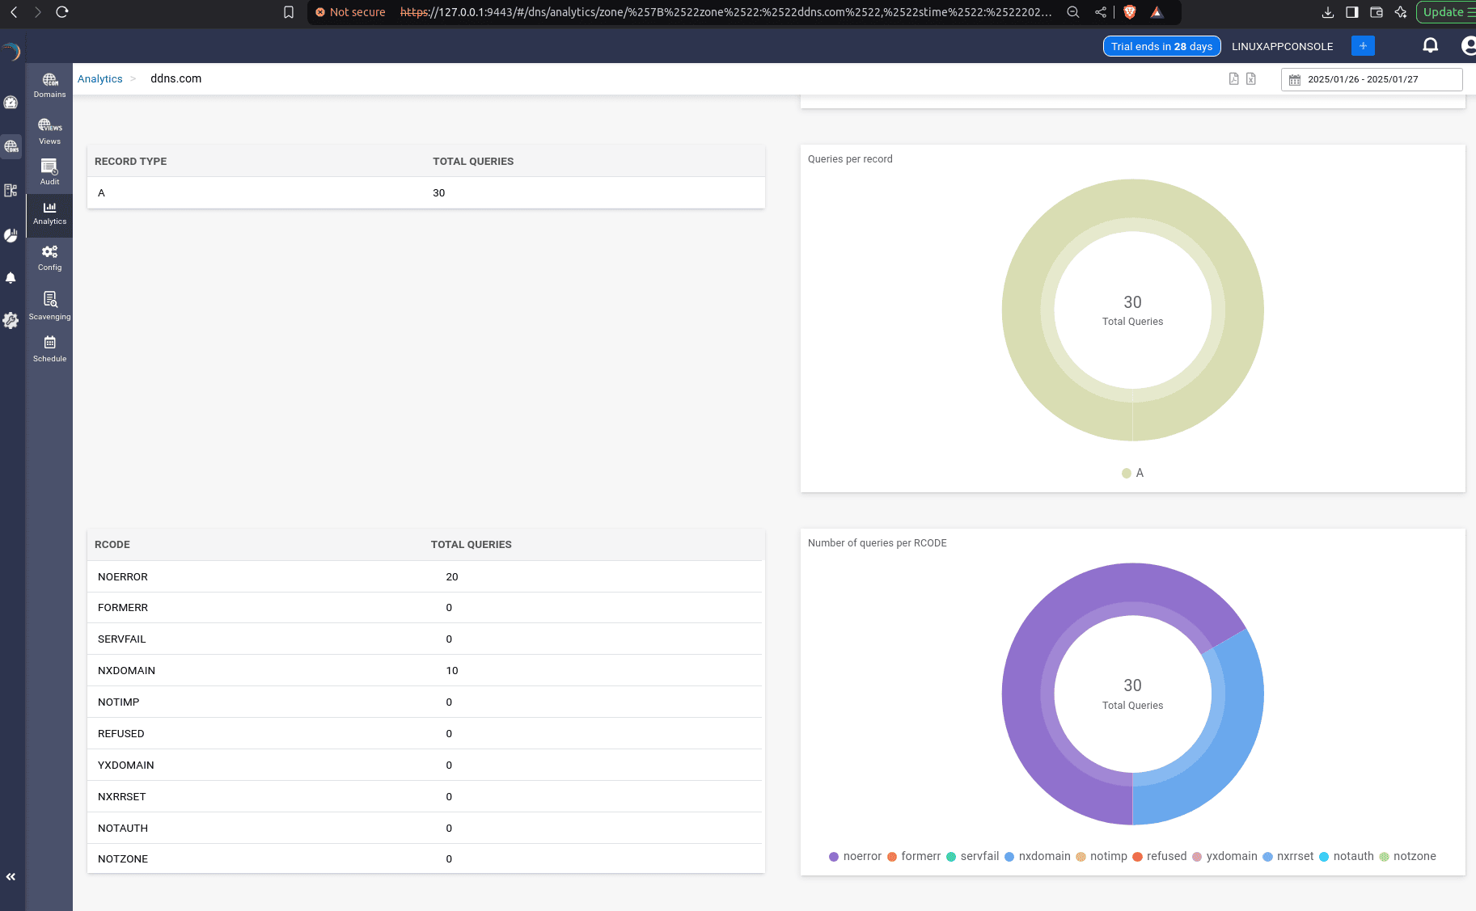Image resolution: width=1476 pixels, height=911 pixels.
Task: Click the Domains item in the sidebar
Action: (x=49, y=85)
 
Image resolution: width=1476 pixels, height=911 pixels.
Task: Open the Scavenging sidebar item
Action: (x=49, y=306)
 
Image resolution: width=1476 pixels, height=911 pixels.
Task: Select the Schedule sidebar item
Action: (x=49, y=349)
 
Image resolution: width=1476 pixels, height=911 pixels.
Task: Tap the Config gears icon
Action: (x=49, y=252)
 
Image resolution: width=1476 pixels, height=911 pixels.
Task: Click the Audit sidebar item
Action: (x=49, y=171)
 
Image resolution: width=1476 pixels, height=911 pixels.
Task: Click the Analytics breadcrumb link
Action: (x=100, y=79)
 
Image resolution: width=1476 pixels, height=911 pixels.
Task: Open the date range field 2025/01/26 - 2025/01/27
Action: (x=1371, y=79)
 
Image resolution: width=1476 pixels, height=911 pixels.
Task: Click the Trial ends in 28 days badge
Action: (x=1161, y=47)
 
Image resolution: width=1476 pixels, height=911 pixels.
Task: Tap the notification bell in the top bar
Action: (x=1430, y=46)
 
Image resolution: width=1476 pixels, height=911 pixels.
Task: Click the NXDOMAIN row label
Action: (x=126, y=671)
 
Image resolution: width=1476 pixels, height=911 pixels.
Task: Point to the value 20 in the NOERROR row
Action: (x=451, y=577)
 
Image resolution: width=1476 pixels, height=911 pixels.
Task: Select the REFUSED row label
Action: (x=121, y=734)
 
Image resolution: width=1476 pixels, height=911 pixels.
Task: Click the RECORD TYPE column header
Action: (x=130, y=162)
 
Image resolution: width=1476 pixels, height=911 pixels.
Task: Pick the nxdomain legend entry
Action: (x=1038, y=857)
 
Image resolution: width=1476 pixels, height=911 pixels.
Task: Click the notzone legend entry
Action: (x=1408, y=857)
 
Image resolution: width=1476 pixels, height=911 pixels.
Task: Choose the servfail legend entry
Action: (x=973, y=857)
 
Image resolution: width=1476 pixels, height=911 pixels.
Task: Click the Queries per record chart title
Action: (x=850, y=159)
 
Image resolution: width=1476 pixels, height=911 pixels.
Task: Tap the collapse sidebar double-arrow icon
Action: (x=11, y=877)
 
